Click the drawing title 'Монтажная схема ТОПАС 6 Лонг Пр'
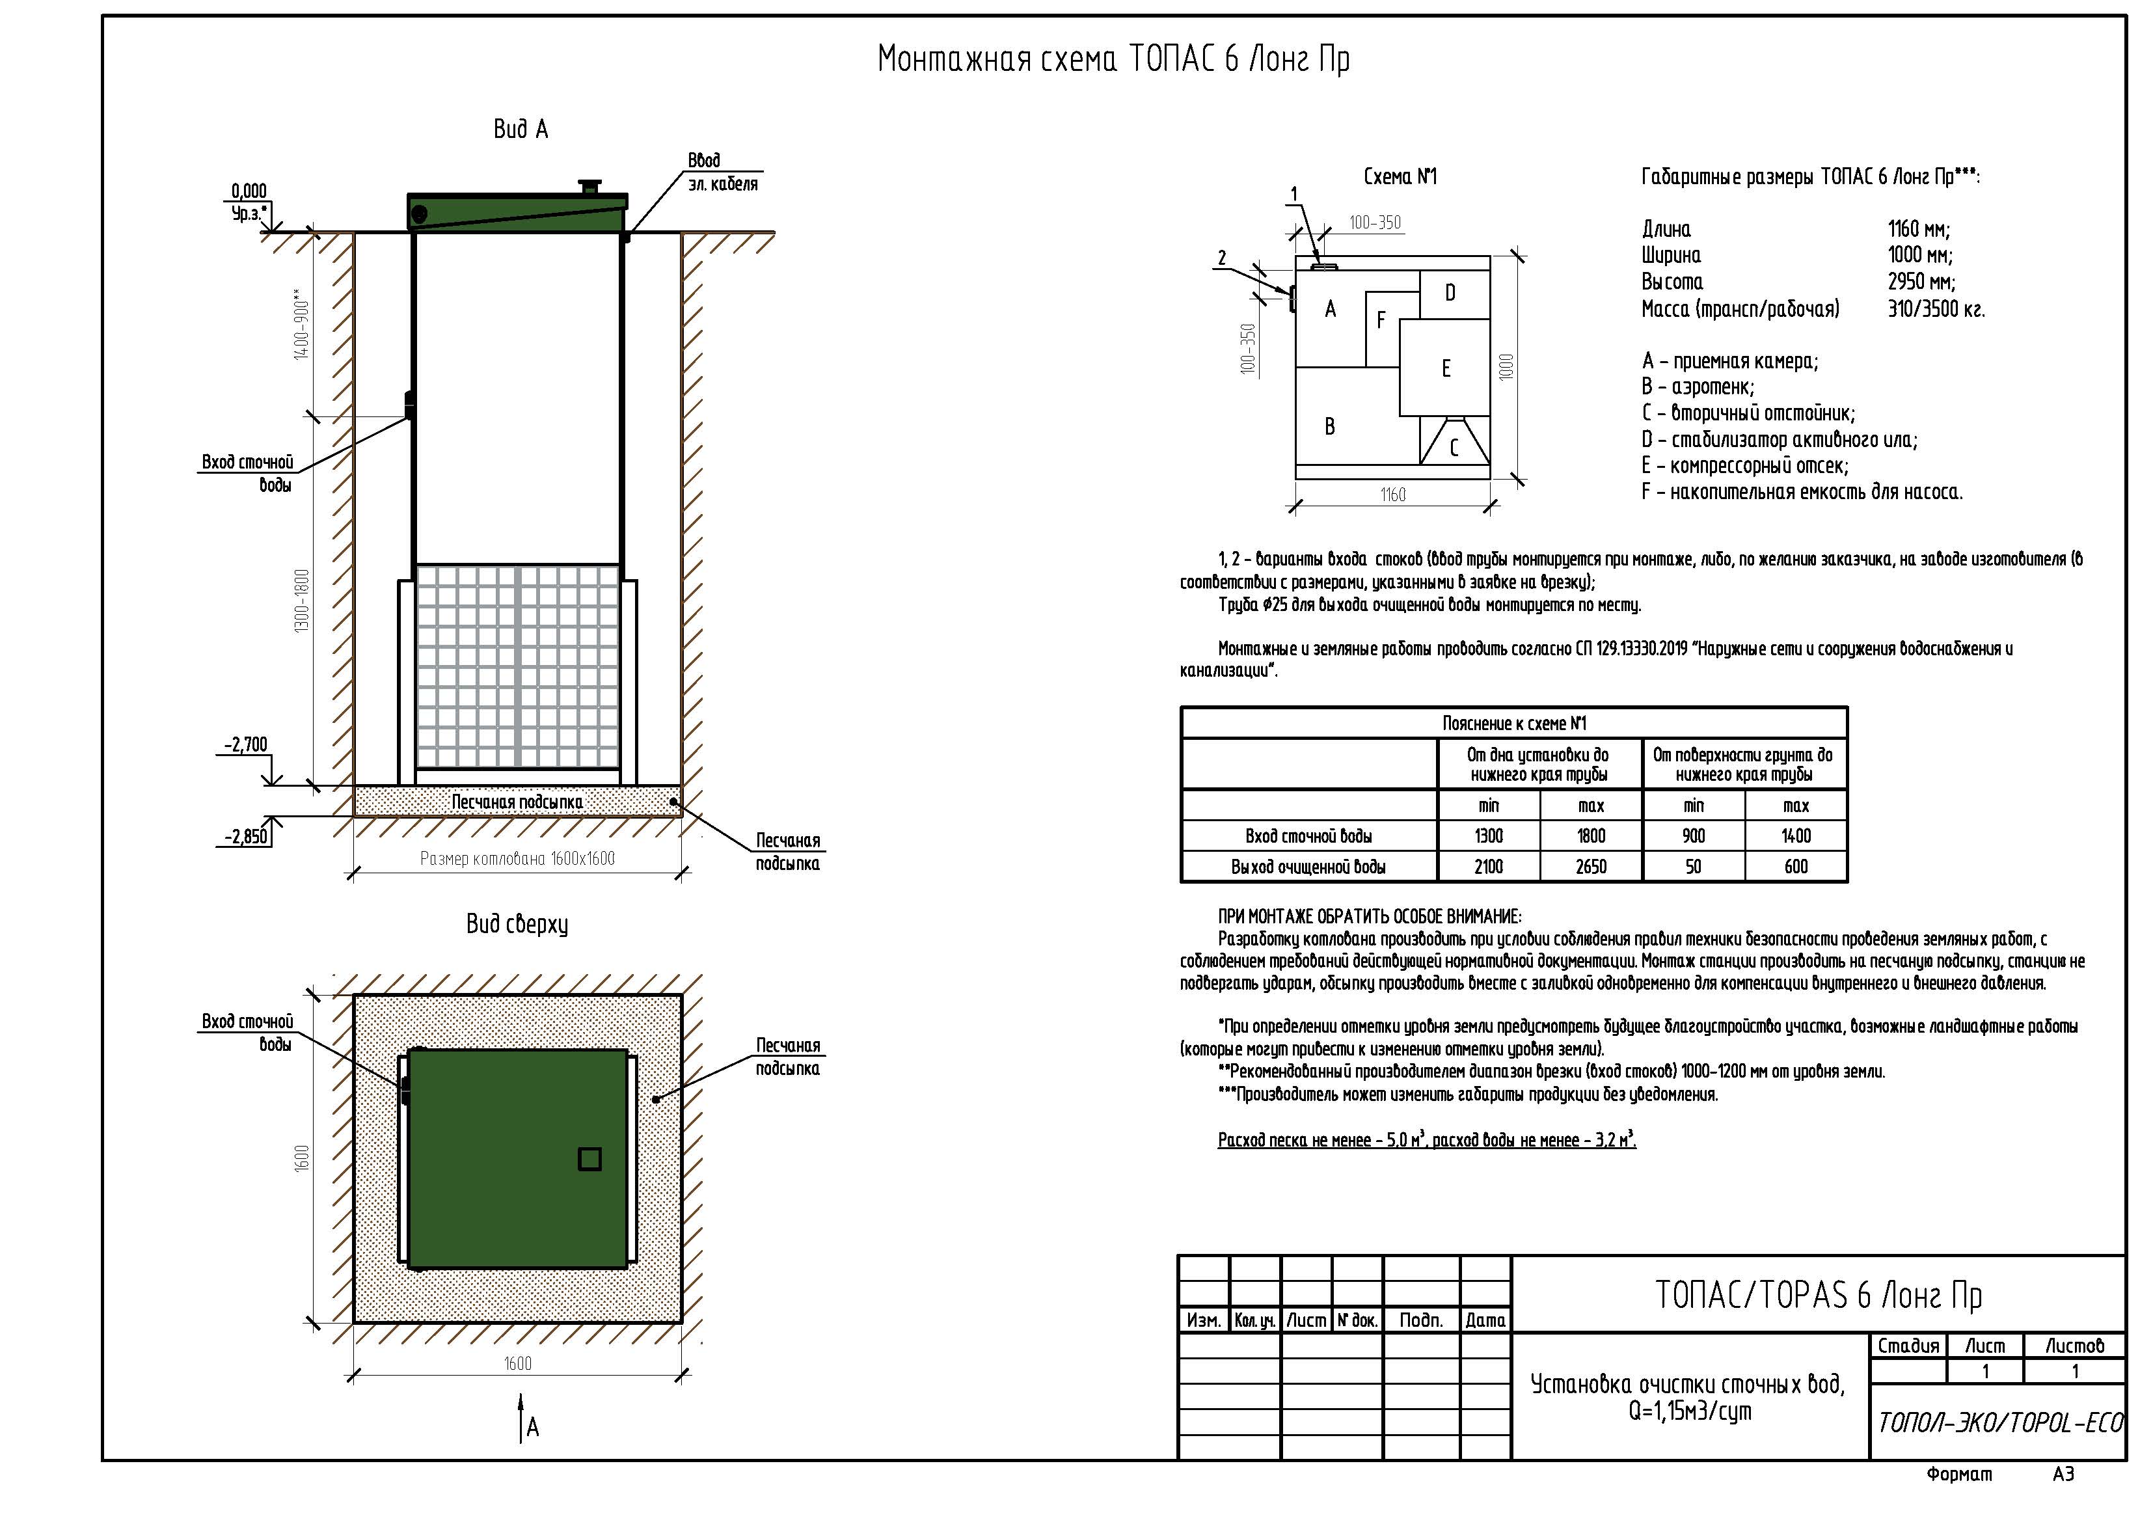(1113, 59)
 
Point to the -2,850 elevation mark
(246, 837)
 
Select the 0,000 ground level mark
(249, 192)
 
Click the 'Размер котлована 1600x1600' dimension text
(518, 858)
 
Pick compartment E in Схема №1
(1445, 368)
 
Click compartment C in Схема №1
(1454, 446)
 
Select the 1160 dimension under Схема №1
(1392, 494)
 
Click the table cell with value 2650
(1591, 867)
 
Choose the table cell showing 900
(1694, 836)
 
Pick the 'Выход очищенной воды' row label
(1309, 867)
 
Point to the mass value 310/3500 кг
(1936, 308)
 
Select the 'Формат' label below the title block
(1959, 1474)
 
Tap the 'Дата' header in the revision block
(1485, 1320)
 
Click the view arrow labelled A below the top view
(521, 1417)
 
